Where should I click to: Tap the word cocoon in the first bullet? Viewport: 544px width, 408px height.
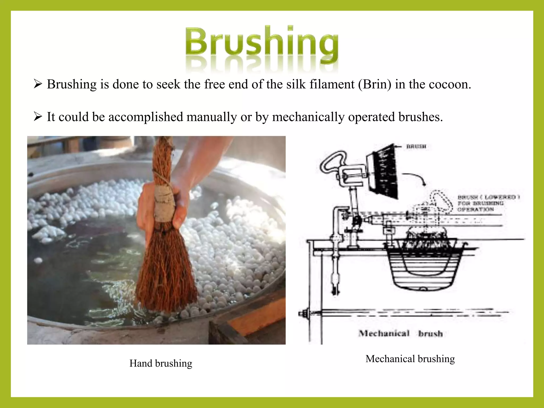click(449, 84)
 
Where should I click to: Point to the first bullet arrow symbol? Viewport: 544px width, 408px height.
click(38, 85)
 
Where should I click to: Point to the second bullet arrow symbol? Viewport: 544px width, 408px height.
click(38, 117)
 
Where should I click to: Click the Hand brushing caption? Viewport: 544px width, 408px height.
click(161, 363)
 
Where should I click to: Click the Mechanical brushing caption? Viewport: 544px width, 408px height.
click(410, 359)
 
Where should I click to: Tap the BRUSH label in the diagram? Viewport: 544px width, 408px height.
click(416, 146)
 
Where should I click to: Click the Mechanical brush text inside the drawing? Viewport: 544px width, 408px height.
click(401, 333)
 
